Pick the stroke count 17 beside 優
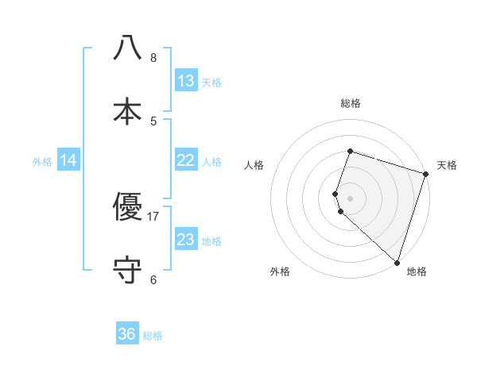coord(153,216)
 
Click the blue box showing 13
coord(186,81)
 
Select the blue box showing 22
coord(186,160)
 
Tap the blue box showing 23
coord(186,240)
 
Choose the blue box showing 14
coord(68,160)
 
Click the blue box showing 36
coord(127,334)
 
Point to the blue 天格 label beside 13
coord(211,83)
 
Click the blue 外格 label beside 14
coord(42,162)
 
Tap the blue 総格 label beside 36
coord(153,336)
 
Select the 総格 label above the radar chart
coord(351,103)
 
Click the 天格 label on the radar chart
coord(447,165)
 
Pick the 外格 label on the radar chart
coord(280,271)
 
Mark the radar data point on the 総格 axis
coord(350,151)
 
